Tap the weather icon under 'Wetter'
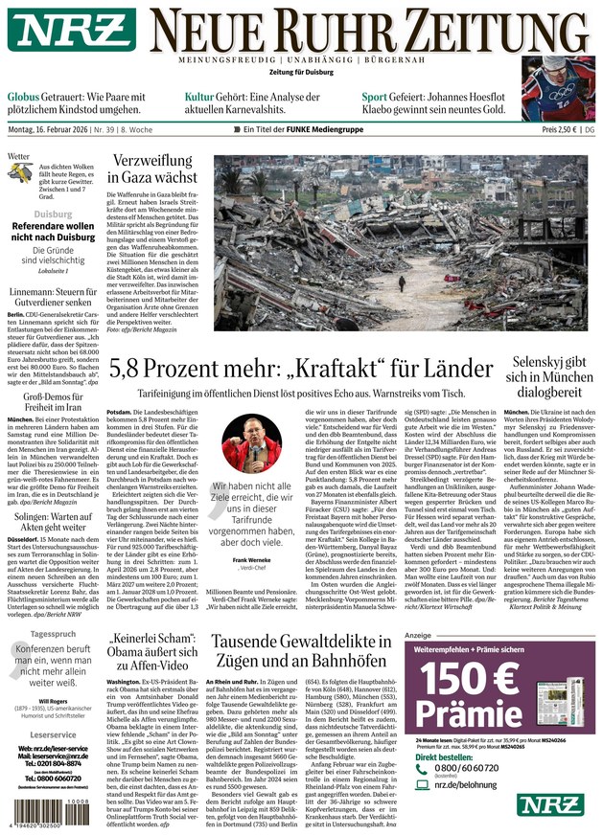21,175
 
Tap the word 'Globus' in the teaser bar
24,98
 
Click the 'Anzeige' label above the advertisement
419,635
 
